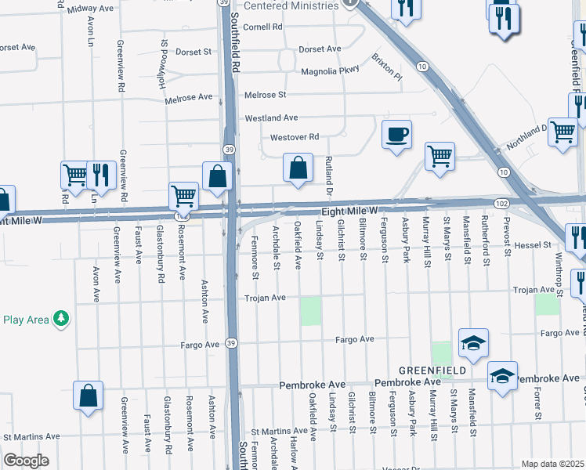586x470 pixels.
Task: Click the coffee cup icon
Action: [x=397, y=134]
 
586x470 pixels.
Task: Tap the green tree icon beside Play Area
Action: [x=60, y=319]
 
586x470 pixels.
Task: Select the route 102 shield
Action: [x=502, y=203]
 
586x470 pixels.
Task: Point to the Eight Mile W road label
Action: [x=349, y=211]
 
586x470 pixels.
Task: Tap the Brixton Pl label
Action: [x=386, y=73]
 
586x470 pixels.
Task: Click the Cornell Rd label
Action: [x=262, y=27]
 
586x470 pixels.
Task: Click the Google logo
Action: [x=25, y=460]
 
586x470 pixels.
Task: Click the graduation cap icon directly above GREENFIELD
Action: [x=474, y=343]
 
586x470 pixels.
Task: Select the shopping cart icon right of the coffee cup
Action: [x=440, y=155]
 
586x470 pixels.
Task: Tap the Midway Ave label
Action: [x=90, y=9]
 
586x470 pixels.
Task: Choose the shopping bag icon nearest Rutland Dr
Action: [x=298, y=168]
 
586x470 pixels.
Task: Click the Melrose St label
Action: [x=265, y=95]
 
